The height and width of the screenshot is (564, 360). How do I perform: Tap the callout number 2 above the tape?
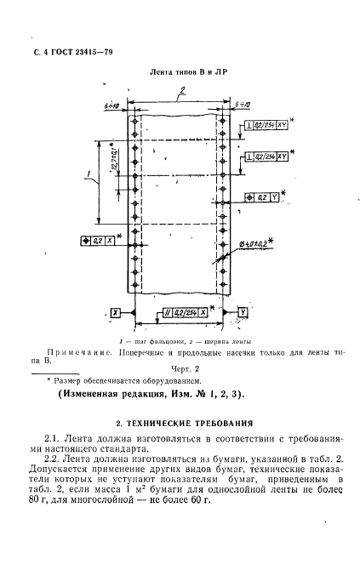tap(180, 98)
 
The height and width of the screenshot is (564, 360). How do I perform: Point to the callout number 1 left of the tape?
tap(89, 176)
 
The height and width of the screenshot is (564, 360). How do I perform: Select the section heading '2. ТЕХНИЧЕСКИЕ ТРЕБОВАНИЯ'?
tap(180, 422)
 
